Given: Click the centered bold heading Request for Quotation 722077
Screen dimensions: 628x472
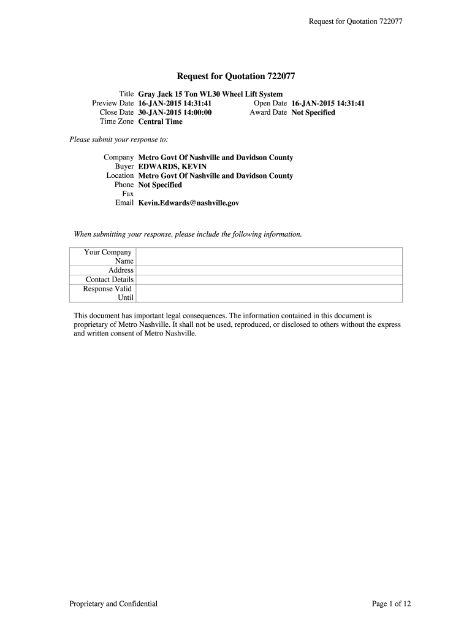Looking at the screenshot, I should click(x=236, y=77).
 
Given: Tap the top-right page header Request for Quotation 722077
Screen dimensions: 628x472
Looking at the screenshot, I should click(x=354, y=22).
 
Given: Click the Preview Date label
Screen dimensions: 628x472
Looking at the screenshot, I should click(x=113, y=104).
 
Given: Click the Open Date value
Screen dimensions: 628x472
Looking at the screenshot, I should click(x=328, y=104).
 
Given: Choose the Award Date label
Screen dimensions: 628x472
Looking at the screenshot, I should click(x=268, y=113).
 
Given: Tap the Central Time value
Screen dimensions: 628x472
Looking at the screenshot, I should click(x=160, y=121).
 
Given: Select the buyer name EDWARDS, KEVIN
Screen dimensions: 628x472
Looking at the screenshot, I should click(x=172, y=167).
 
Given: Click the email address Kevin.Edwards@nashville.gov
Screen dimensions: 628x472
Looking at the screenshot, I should click(x=188, y=203).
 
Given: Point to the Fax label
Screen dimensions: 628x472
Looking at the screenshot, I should click(x=128, y=194).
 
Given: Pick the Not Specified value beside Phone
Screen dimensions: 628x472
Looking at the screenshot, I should click(x=160, y=185).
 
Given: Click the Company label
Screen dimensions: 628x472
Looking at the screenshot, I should click(x=118, y=158).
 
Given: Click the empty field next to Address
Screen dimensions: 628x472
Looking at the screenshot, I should click(x=268, y=270).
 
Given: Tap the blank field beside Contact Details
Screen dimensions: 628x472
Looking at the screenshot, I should click(x=268, y=280).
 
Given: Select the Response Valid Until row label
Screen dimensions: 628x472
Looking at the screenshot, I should click(x=108, y=293).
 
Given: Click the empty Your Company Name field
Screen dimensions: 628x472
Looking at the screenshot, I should click(x=268, y=256).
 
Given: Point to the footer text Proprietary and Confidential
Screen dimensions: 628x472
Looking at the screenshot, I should click(x=113, y=604).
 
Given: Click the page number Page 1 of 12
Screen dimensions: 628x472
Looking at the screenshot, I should click(x=391, y=604).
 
